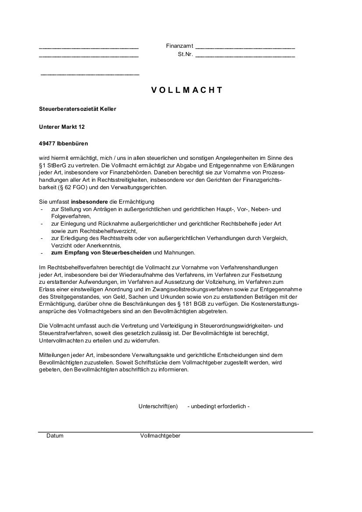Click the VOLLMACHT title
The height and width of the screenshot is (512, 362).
(187, 90)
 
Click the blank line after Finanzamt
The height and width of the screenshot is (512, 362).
(245, 47)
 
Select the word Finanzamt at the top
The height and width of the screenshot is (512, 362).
(180, 46)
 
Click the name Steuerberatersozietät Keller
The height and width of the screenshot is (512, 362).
(78, 109)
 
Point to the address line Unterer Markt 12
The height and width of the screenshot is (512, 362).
(62, 127)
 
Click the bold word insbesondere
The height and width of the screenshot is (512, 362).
(89, 202)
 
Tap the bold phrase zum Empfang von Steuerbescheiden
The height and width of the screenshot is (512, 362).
(101, 253)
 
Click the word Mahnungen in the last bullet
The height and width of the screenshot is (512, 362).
(179, 253)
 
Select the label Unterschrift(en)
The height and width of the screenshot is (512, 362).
(158, 406)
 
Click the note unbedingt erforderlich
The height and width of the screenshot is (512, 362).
(218, 406)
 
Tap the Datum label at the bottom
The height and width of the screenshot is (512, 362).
(55, 436)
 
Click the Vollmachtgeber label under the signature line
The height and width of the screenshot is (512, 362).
(160, 436)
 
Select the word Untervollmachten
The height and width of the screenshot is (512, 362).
(60, 340)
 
